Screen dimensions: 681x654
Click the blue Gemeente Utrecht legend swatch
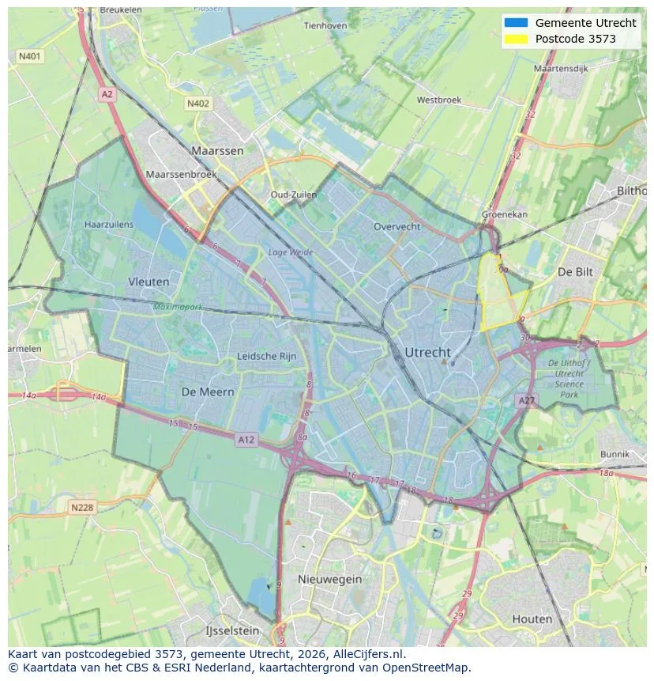[x=515, y=23]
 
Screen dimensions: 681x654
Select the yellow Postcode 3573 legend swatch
[x=515, y=40]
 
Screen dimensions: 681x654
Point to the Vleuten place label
[x=148, y=282]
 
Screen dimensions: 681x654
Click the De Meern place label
[x=208, y=392]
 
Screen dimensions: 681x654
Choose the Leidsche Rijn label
[x=267, y=357]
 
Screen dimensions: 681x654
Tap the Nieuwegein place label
[x=329, y=579]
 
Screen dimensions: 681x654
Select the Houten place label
[x=532, y=619]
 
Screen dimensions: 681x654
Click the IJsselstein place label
[x=232, y=631]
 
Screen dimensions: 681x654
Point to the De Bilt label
[x=575, y=271]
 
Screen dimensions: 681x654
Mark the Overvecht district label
[x=397, y=226]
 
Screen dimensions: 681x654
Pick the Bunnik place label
[x=615, y=455]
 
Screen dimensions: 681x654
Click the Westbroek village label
[x=438, y=100]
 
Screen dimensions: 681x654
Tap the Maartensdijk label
[x=561, y=69]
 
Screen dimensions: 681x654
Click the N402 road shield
[x=198, y=104]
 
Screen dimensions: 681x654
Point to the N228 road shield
[x=82, y=508]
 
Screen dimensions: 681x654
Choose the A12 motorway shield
[x=246, y=440]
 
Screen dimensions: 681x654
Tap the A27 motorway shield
[x=527, y=401]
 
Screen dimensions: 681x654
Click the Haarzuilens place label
[x=109, y=225]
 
